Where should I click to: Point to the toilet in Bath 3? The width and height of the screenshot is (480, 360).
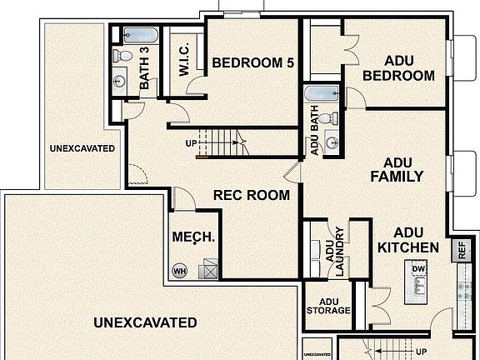point(122,56)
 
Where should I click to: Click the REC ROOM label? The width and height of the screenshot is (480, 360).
point(252,196)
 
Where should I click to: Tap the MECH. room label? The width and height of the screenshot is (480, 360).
point(193,237)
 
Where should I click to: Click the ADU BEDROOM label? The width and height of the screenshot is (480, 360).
point(398,68)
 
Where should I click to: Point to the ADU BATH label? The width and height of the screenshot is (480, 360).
point(315,135)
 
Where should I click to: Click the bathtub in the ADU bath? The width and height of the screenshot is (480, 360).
point(321,93)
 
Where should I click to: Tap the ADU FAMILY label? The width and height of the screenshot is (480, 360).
point(397,169)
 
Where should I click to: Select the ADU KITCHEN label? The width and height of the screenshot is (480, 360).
point(408,240)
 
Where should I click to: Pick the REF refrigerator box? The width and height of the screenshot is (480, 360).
point(461,250)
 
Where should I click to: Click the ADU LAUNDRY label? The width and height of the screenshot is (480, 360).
point(335,252)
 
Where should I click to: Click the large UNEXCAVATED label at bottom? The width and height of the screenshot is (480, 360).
point(145,322)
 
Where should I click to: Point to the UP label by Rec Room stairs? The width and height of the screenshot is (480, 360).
point(191,143)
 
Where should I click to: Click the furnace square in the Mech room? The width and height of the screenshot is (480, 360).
point(207,268)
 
